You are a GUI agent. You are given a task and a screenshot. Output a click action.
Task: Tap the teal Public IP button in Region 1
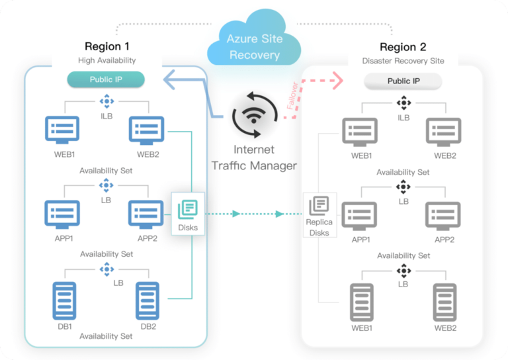point(106,80)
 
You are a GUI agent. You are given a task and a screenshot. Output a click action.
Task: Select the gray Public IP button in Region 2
point(403,81)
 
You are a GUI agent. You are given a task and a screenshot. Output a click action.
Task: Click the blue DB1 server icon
point(63,301)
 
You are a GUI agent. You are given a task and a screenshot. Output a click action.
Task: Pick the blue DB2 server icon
point(147,301)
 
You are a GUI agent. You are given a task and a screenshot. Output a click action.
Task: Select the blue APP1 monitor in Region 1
point(62,214)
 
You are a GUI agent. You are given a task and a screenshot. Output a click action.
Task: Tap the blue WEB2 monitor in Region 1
point(146,130)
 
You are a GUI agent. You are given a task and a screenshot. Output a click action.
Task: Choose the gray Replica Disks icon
point(319,206)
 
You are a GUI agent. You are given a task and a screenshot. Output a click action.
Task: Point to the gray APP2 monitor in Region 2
point(443,216)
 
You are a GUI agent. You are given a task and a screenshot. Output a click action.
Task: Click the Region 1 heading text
point(106,46)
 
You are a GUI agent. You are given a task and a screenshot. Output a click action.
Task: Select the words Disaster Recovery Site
point(403,61)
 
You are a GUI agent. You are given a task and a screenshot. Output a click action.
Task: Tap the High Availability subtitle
point(106,60)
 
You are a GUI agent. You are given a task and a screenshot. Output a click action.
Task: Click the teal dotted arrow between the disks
point(245,214)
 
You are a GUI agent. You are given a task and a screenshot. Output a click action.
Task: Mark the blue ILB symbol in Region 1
point(106,101)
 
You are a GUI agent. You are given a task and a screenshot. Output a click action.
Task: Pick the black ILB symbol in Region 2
point(403,103)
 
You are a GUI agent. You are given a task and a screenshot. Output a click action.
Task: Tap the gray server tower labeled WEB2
point(444,302)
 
